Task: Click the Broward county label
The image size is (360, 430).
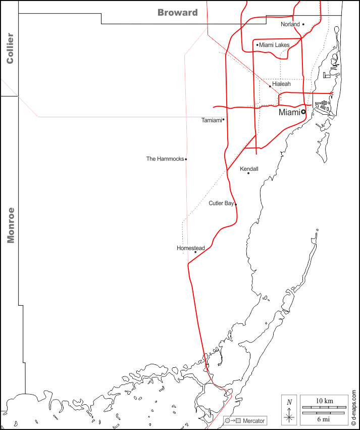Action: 178,13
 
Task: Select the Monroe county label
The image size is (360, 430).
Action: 10,225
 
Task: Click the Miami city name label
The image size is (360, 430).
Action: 289,113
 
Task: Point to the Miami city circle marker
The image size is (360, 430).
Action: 303,112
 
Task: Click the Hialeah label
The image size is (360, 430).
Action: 281,84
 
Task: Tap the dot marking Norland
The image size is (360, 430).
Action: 303,24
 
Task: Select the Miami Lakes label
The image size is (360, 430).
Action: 274,45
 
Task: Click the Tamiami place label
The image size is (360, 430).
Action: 212,120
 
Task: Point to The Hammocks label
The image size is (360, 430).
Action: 165,159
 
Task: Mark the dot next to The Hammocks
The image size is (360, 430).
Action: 186,159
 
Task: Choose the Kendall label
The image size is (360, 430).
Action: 249,169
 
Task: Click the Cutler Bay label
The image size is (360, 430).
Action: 221,203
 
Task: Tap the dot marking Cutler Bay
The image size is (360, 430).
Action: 236,204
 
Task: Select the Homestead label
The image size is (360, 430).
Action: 191,248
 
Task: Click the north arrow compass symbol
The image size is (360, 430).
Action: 289,409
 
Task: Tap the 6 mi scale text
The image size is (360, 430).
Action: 324,419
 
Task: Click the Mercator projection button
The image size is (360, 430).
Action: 245,421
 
